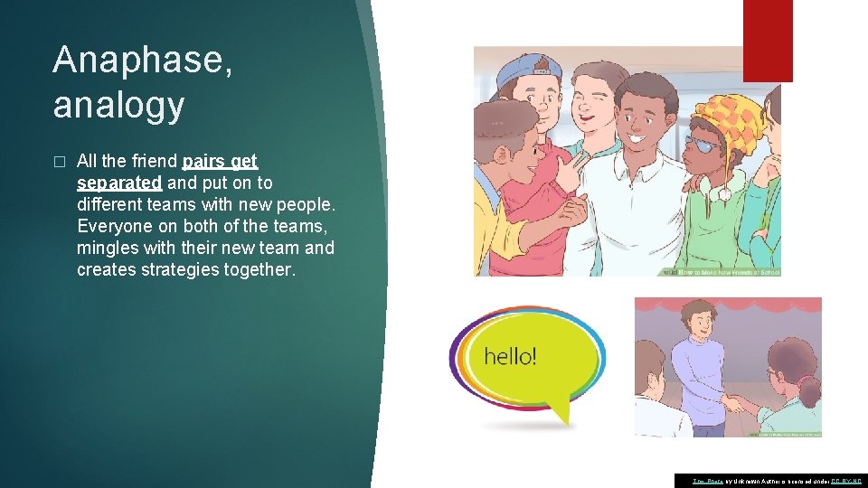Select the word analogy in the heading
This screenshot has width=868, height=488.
tap(118, 105)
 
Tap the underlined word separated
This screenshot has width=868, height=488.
tap(119, 183)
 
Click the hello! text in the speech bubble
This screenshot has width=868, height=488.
tap(510, 356)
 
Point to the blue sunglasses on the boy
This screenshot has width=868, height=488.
tap(703, 144)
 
